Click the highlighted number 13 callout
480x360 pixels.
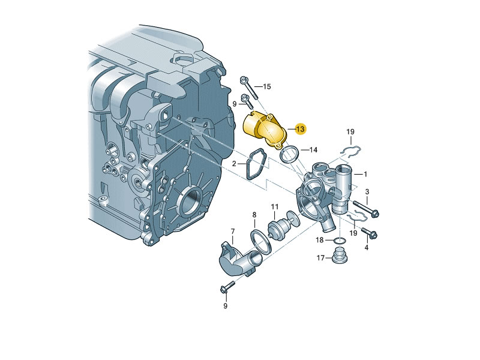tap(300, 129)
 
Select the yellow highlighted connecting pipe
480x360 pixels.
tap(263, 130)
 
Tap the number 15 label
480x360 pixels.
tap(267, 86)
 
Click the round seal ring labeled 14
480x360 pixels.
tap(289, 154)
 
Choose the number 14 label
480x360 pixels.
tap(313, 149)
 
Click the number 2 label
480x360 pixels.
tap(234, 164)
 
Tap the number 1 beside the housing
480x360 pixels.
tap(365, 174)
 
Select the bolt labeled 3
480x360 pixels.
tap(366, 209)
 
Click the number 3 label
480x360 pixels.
tap(367, 192)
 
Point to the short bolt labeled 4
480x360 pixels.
tap(370, 233)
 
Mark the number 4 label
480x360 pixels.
tap(367, 247)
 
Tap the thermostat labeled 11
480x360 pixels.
tap(283, 224)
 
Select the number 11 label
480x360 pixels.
tap(275, 207)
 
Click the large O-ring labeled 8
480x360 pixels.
tap(260, 241)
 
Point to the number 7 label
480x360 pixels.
tap(233, 231)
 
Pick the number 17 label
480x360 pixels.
tap(320, 258)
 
